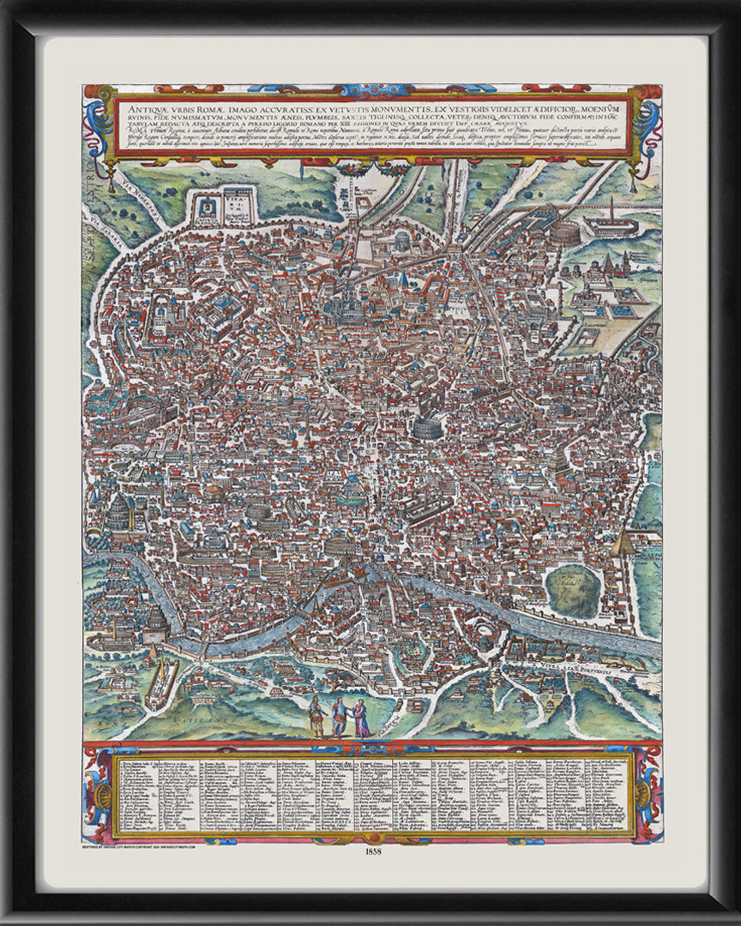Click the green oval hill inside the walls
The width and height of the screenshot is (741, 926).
pyautogui.click(x=572, y=591)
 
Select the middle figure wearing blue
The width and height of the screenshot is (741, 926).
pyautogui.click(x=340, y=713)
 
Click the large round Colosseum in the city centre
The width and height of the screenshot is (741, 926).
pyautogui.click(x=424, y=426)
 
